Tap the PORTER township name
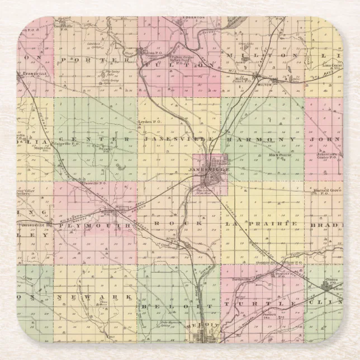(x=89, y=59)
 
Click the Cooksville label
(x=63, y=26)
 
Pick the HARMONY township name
(x=261, y=138)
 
